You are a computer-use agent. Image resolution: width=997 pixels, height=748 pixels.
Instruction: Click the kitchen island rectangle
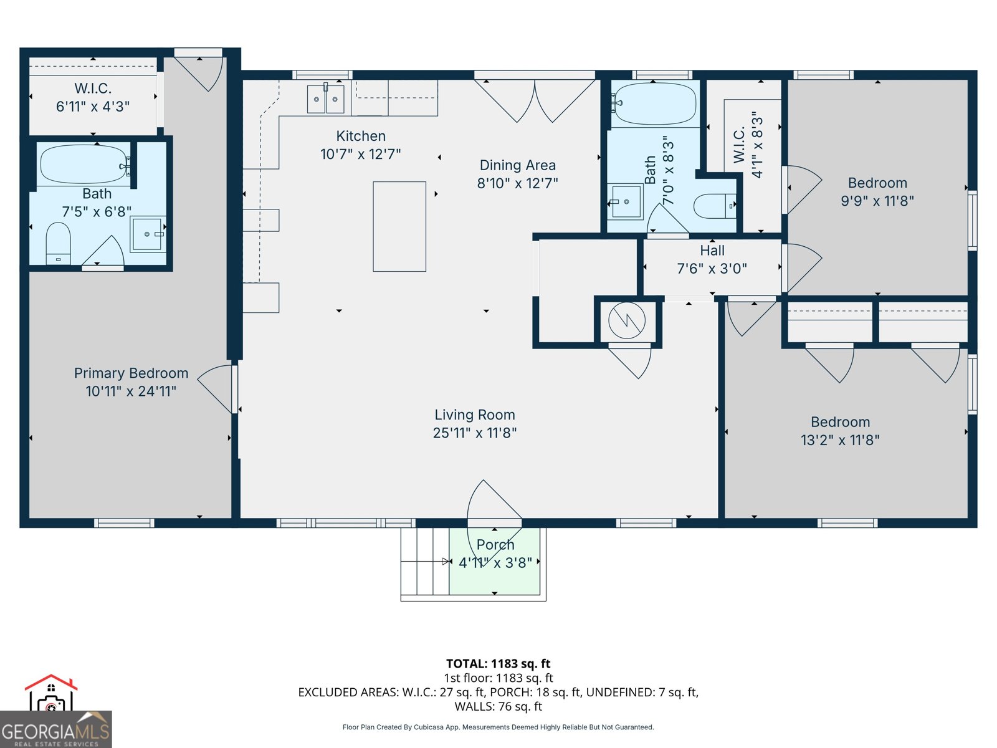pyautogui.click(x=399, y=226)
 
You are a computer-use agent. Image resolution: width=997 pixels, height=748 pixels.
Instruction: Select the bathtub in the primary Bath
pyautogui.click(x=83, y=164)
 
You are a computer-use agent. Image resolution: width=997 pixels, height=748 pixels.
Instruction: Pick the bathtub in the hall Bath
pyautogui.click(x=654, y=104)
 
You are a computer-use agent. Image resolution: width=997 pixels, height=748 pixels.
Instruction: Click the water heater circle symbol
pyautogui.click(x=627, y=320)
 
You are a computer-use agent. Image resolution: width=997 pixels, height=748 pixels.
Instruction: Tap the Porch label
pyautogui.click(x=495, y=544)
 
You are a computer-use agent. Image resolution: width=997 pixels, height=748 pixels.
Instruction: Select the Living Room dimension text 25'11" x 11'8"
pyautogui.click(x=475, y=433)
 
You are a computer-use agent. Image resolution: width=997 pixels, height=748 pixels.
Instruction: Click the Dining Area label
pyautogui.click(x=517, y=165)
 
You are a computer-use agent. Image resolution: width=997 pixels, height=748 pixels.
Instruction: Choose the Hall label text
pyautogui.click(x=712, y=251)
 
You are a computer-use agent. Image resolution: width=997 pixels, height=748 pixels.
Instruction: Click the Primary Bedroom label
pyautogui.click(x=131, y=373)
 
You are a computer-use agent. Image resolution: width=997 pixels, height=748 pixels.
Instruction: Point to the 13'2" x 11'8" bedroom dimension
pyautogui.click(x=840, y=440)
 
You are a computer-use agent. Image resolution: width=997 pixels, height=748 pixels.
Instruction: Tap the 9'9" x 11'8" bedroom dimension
pyautogui.click(x=877, y=201)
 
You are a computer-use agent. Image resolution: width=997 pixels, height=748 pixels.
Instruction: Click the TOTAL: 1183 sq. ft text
pyautogui.click(x=498, y=663)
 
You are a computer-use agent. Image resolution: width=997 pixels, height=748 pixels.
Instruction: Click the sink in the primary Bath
pyautogui.click(x=148, y=234)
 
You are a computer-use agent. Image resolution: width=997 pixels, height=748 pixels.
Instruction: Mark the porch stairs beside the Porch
pyautogui.click(x=424, y=561)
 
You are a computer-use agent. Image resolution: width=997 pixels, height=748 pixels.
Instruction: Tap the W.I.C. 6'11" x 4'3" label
pyautogui.click(x=93, y=97)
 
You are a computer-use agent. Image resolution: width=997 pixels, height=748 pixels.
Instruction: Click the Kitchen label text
pyautogui.click(x=361, y=136)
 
